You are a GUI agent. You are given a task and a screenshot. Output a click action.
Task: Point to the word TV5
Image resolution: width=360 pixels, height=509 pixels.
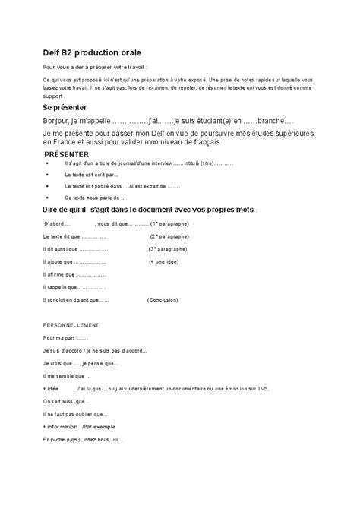[262, 388]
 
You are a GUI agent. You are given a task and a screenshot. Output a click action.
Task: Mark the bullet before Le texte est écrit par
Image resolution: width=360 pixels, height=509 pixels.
[49, 174]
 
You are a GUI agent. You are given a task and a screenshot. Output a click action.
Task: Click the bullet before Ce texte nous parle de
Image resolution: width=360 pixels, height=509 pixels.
[49, 197]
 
